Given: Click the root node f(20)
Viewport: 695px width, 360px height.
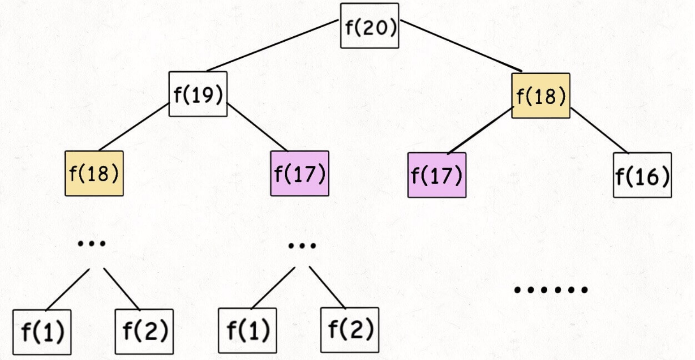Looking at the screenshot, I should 370,26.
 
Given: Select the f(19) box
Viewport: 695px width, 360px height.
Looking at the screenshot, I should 198,94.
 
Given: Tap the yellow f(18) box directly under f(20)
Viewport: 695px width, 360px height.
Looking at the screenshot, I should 541,96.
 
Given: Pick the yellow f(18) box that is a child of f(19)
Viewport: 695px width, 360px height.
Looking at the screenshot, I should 94,173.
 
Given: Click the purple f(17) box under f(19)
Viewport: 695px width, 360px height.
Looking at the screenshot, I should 300,173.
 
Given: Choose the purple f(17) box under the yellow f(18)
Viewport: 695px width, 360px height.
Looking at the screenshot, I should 437,175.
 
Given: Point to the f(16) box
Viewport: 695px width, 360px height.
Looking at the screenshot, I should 642,175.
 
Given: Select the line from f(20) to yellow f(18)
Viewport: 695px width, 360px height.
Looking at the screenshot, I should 461,46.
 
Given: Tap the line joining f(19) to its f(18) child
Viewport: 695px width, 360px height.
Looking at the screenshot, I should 134,127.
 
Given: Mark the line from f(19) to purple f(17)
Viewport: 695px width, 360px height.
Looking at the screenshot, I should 257,127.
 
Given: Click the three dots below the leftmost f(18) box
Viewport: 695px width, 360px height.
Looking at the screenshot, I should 92,244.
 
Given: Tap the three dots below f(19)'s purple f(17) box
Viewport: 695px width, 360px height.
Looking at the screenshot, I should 302,245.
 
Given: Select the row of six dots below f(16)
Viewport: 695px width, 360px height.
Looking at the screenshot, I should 550,290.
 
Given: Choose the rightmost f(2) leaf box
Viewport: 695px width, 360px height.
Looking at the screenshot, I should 350,330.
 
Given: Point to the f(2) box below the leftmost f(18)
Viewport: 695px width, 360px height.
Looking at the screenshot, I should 144,331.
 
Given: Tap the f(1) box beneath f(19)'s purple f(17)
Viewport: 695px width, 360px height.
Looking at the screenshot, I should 247,330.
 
